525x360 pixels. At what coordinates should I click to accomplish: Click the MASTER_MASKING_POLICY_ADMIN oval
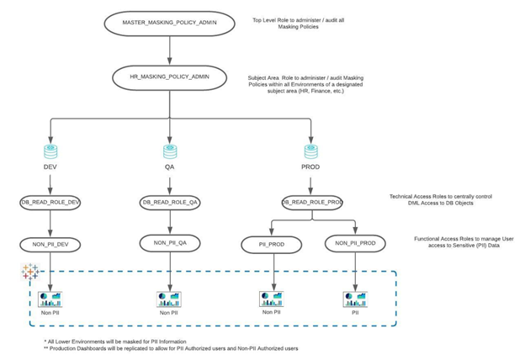169,24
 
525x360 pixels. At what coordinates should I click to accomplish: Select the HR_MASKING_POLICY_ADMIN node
169,78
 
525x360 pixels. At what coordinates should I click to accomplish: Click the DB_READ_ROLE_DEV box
50,203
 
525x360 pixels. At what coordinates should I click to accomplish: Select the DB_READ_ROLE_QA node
169,203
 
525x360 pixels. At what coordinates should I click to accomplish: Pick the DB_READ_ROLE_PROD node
311,203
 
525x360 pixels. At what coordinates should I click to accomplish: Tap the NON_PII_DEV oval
50,244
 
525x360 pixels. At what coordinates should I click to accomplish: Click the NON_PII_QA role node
169,242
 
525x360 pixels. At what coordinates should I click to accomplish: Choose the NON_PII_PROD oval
354,245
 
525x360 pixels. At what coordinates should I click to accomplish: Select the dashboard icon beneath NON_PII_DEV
50,299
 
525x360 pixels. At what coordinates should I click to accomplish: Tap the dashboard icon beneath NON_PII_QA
168,299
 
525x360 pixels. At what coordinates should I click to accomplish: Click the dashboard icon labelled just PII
354,299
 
